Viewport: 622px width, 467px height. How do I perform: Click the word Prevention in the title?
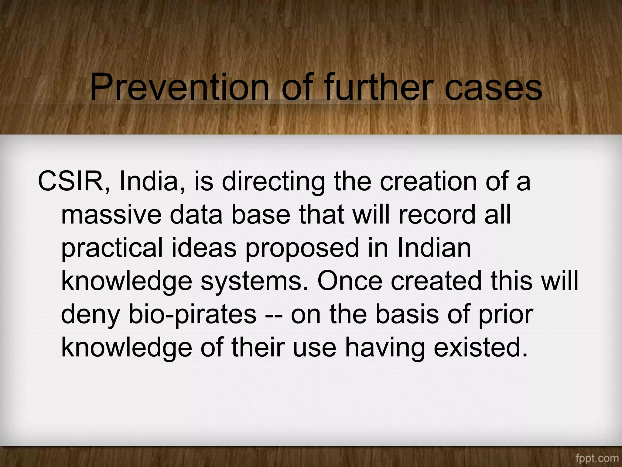(x=179, y=87)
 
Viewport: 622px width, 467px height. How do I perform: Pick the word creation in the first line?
(x=428, y=182)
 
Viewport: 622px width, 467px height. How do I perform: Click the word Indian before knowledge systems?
(x=434, y=248)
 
